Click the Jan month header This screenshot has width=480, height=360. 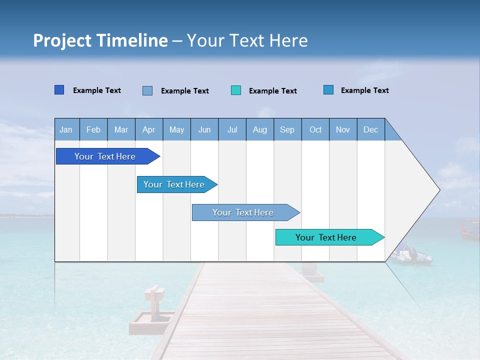point(66,129)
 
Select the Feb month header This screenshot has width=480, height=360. point(93,129)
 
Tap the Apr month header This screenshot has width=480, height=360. point(149,129)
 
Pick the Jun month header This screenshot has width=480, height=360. point(204,129)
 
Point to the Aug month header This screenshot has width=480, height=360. point(260,129)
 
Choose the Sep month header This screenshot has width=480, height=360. point(287,129)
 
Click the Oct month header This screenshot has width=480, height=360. point(315,129)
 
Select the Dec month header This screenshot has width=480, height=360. point(371,129)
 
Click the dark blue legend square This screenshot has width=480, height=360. point(59,90)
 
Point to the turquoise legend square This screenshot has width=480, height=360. point(236,90)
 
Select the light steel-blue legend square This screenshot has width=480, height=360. point(147,90)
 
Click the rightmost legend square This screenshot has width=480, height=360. point(328,90)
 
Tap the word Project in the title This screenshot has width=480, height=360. point(62,40)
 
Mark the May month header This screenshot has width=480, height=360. point(176,129)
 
